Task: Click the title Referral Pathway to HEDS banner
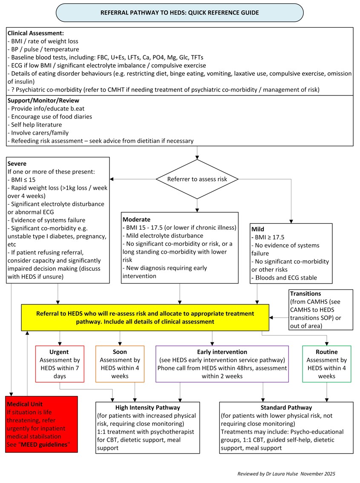(x=179, y=13)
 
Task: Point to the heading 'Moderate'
(x=136, y=219)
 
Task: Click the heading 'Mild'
(x=258, y=229)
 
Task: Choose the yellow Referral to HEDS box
(x=145, y=318)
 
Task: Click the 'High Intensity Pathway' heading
(x=147, y=407)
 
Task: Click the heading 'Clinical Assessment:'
(x=35, y=33)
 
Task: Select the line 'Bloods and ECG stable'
(x=286, y=278)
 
